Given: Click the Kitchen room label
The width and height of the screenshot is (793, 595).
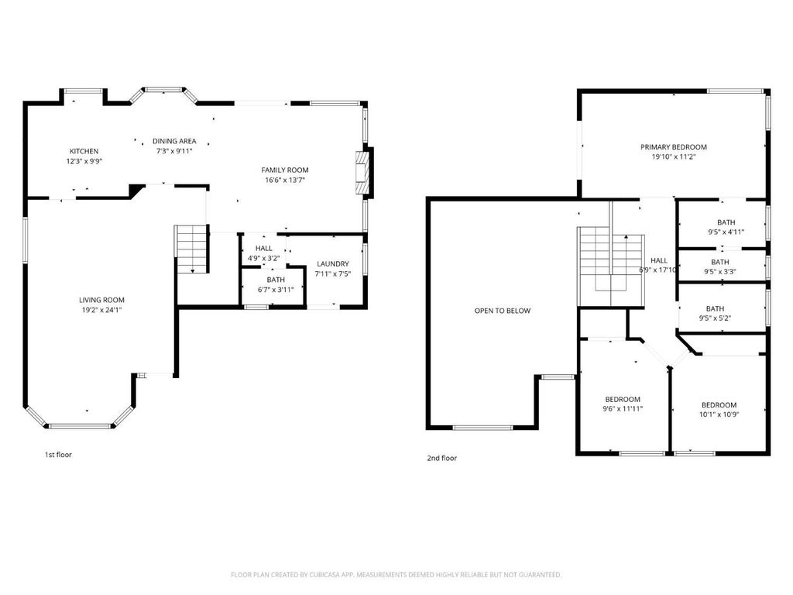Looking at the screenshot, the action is point(84,151).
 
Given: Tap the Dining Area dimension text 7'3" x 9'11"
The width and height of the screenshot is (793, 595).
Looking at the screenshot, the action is point(174,151).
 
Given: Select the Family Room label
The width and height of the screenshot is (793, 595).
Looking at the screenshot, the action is point(285,170).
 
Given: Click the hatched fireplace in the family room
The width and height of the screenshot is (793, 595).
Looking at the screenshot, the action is point(362,172).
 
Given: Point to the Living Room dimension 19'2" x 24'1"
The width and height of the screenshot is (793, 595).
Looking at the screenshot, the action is point(101,310).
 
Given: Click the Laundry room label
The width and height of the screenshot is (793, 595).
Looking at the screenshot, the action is point(333,263).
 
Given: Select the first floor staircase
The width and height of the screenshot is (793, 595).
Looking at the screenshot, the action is point(192,249).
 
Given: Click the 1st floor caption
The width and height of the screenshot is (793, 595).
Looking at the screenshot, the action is point(58,454).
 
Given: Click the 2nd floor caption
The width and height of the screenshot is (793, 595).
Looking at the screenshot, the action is point(441,458).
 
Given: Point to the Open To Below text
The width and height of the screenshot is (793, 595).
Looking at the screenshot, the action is point(502,311).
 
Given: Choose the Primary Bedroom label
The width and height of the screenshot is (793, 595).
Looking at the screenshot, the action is point(674,146).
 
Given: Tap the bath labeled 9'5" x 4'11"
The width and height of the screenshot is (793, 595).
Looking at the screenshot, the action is point(726,227).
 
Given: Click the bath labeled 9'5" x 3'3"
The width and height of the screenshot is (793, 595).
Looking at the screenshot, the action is point(720,267).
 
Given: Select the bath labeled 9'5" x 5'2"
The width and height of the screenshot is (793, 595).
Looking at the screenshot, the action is point(715,313).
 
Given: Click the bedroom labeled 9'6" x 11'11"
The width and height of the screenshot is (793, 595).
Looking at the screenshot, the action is point(623,404).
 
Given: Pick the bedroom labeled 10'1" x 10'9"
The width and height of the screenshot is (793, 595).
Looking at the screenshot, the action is point(719,409).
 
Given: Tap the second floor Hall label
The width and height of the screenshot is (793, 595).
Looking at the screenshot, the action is point(659,260).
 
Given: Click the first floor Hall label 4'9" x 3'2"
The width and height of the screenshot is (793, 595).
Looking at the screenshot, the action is point(263,253).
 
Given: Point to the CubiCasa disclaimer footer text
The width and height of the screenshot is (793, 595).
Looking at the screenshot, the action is point(396,575).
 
